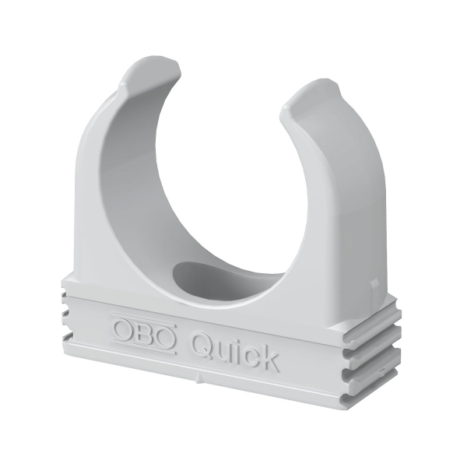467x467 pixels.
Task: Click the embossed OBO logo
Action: [143, 331]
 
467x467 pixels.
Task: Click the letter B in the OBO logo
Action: [144, 331]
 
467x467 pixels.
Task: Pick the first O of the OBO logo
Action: [125, 327]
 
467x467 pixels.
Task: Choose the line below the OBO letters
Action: [144, 344]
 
